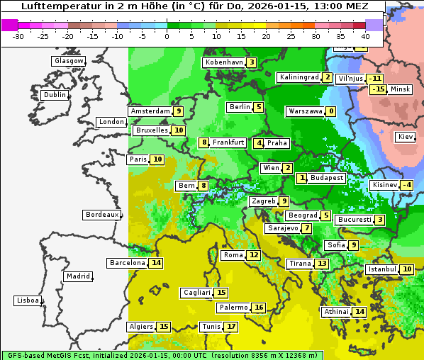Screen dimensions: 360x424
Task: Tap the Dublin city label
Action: pos(55,95)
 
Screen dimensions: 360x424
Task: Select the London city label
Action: pos(111,122)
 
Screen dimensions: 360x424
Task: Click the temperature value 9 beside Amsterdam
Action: pos(179,111)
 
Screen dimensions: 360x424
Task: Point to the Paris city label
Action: pos(138,159)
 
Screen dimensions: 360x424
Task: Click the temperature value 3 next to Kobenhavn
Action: pos(252,62)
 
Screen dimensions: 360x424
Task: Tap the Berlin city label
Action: pos(240,107)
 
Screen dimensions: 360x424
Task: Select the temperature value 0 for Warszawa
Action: pos(330,111)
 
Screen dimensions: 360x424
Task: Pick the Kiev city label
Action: pos(406,137)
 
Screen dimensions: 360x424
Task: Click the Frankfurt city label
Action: pos(228,142)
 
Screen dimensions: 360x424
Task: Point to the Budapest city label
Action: pos(327,178)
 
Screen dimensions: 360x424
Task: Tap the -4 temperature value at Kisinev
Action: pos(406,186)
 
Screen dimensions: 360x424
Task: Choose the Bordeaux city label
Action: pos(101,215)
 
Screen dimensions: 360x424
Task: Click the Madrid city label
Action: pos(77,276)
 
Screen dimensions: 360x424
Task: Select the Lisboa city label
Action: pos(27,300)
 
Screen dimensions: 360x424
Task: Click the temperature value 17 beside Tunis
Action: pos(231,327)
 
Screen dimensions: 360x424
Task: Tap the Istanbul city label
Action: pos(382,269)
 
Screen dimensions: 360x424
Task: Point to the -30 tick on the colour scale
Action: pos(18,36)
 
